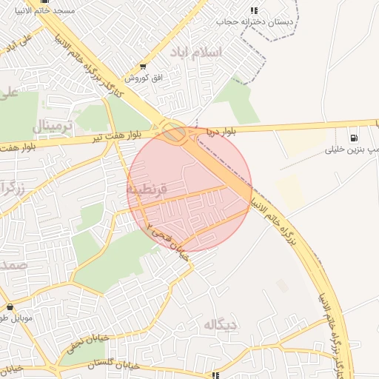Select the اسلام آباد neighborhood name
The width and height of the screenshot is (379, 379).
(x=216, y=53)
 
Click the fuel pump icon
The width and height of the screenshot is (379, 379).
(x=352, y=137)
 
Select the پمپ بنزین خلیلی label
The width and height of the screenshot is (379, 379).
(x=352, y=149)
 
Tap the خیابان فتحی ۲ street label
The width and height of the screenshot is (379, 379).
(x=167, y=241)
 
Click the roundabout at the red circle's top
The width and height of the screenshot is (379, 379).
(x=175, y=134)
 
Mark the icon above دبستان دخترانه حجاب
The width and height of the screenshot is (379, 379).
(x=254, y=10)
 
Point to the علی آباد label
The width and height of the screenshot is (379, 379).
(x=18, y=42)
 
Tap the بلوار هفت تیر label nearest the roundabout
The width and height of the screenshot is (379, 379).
(x=117, y=137)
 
